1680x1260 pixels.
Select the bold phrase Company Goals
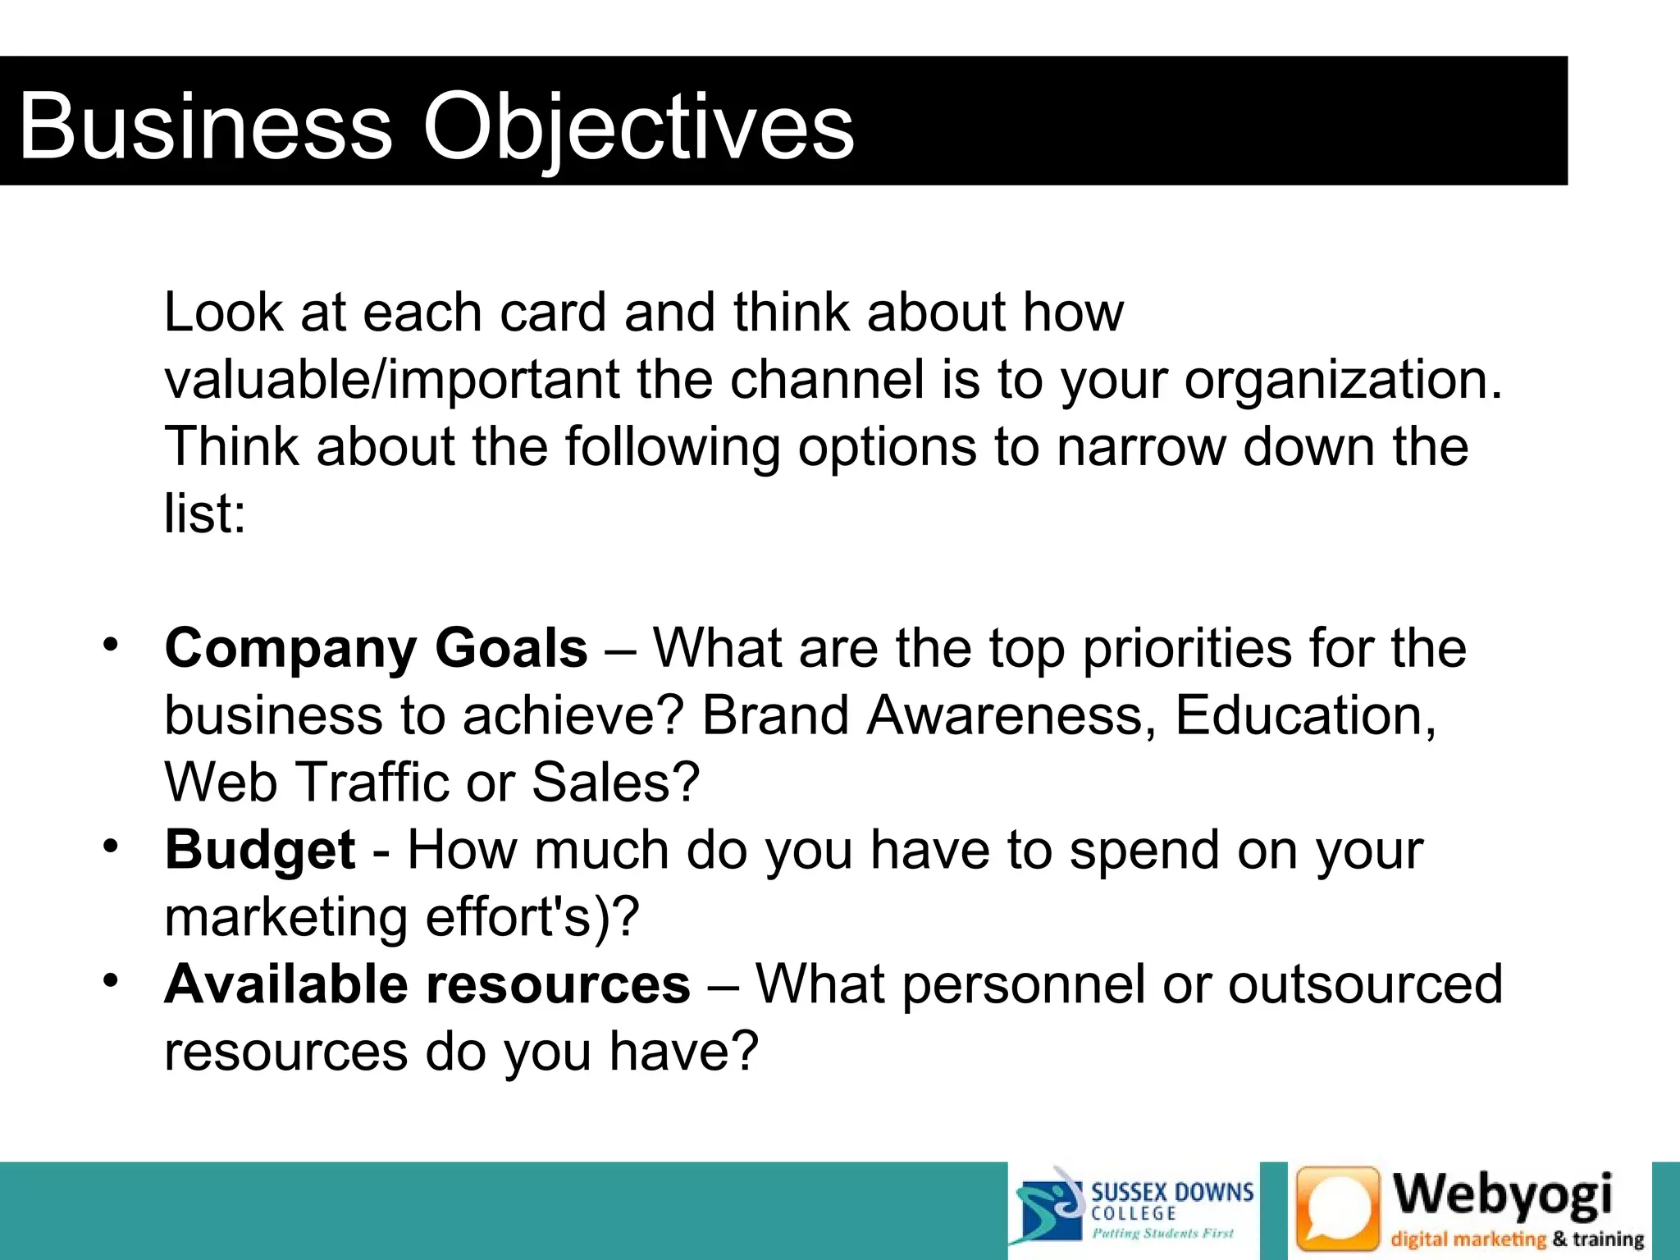click(x=376, y=648)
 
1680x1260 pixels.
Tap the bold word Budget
click(x=260, y=849)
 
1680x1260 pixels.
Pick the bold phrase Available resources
click(x=427, y=984)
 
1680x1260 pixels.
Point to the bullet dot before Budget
click(x=112, y=845)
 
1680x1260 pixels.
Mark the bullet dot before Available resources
click(x=112, y=979)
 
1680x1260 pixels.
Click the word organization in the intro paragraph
click(x=1342, y=380)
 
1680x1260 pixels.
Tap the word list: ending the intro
click(x=204, y=514)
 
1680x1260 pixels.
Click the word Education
click(x=1305, y=715)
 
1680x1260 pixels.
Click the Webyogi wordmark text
click(x=1504, y=1195)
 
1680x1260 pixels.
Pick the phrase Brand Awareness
click(x=929, y=715)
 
